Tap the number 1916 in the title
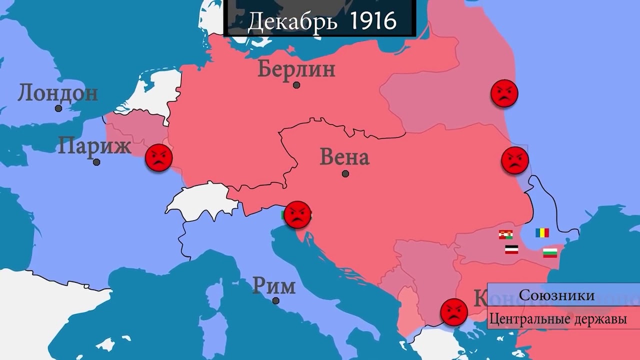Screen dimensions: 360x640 (373, 21)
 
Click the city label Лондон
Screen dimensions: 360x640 (57, 93)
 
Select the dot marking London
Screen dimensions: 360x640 (58, 108)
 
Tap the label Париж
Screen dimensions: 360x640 (94, 147)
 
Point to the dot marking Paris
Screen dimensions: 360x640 (96, 162)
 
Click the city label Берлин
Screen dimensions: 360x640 (296, 69)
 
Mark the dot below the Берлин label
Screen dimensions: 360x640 (296, 85)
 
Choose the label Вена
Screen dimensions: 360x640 (344, 157)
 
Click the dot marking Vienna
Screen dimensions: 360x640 (345, 173)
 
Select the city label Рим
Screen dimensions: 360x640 (273, 286)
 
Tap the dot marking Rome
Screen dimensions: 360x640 (275, 300)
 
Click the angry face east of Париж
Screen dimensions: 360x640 (159, 158)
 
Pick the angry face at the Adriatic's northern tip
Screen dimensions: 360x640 (297, 215)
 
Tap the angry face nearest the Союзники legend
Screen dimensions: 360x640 (454, 312)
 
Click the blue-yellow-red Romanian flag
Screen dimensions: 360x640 (542, 232)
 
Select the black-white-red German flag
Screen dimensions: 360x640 (511, 249)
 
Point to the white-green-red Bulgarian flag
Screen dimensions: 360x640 (550, 252)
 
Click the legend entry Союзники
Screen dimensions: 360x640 (556, 295)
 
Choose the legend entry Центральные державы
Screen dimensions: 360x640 (557, 319)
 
